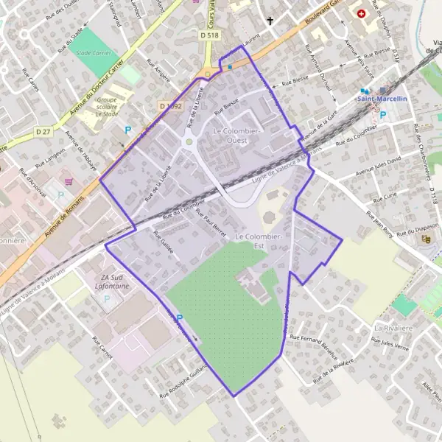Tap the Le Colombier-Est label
pos(259,240)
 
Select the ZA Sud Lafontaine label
pos(108,281)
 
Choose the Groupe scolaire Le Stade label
pos(107,106)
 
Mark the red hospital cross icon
pos(361,14)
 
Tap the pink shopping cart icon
pos(69,180)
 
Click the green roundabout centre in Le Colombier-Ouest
pos(189,142)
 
